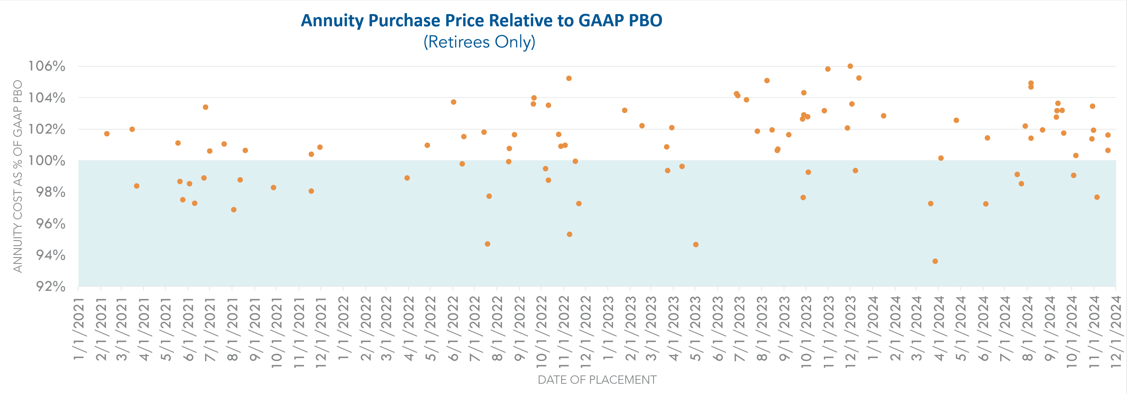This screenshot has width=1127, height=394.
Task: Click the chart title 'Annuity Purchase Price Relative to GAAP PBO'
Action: tap(481, 21)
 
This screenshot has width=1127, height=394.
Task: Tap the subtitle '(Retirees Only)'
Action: tap(479, 42)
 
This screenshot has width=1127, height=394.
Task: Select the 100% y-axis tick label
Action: tap(47, 160)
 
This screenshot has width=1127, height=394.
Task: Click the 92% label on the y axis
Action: tap(50, 286)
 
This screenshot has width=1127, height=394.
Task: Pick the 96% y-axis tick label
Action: tap(50, 224)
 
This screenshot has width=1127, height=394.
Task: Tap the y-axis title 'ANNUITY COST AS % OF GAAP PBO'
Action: tap(18, 176)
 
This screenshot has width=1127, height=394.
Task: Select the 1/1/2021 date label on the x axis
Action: tap(79, 329)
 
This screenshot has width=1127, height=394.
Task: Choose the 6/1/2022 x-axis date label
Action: tap(453, 329)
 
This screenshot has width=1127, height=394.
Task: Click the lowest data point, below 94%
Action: tap(935, 261)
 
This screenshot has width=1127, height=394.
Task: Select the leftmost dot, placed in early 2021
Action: tap(107, 134)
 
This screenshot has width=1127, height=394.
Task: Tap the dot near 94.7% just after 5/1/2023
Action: tap(696, 244)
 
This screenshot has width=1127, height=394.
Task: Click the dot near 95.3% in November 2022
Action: tap(569, 234)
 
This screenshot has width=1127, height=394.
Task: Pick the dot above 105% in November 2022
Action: tap(569, 78)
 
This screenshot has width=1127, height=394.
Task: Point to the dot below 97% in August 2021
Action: tap(234, 210)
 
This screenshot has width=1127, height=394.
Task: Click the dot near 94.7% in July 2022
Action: tap(487, 244)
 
